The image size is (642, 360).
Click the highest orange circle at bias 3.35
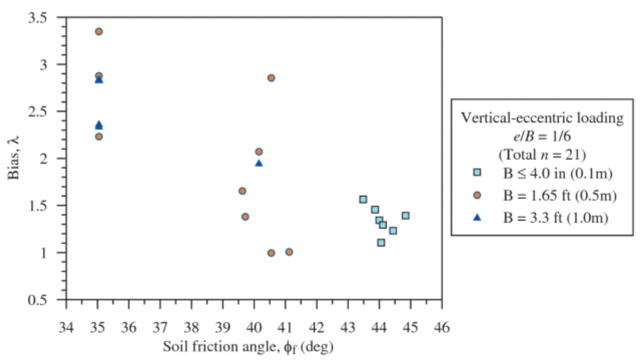point(99,32)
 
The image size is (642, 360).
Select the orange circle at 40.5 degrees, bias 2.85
point(271,78)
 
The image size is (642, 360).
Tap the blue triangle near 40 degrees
point(259,164)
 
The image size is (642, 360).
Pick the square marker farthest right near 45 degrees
point(406,216)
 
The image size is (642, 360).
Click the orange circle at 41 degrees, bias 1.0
point(289,252)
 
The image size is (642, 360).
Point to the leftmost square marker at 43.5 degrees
point(363,199)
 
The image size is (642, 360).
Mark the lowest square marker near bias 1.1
point(381,243)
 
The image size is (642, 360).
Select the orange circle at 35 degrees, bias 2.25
point(99,137)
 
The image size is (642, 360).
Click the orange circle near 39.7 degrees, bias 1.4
point(245,216)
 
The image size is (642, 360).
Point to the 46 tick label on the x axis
point(442,325)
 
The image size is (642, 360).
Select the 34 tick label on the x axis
point(66,325)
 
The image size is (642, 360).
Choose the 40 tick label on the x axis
point(254,325)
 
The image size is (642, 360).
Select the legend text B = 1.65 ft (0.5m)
point(558,194)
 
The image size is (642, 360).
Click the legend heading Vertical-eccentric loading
point(542,118)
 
